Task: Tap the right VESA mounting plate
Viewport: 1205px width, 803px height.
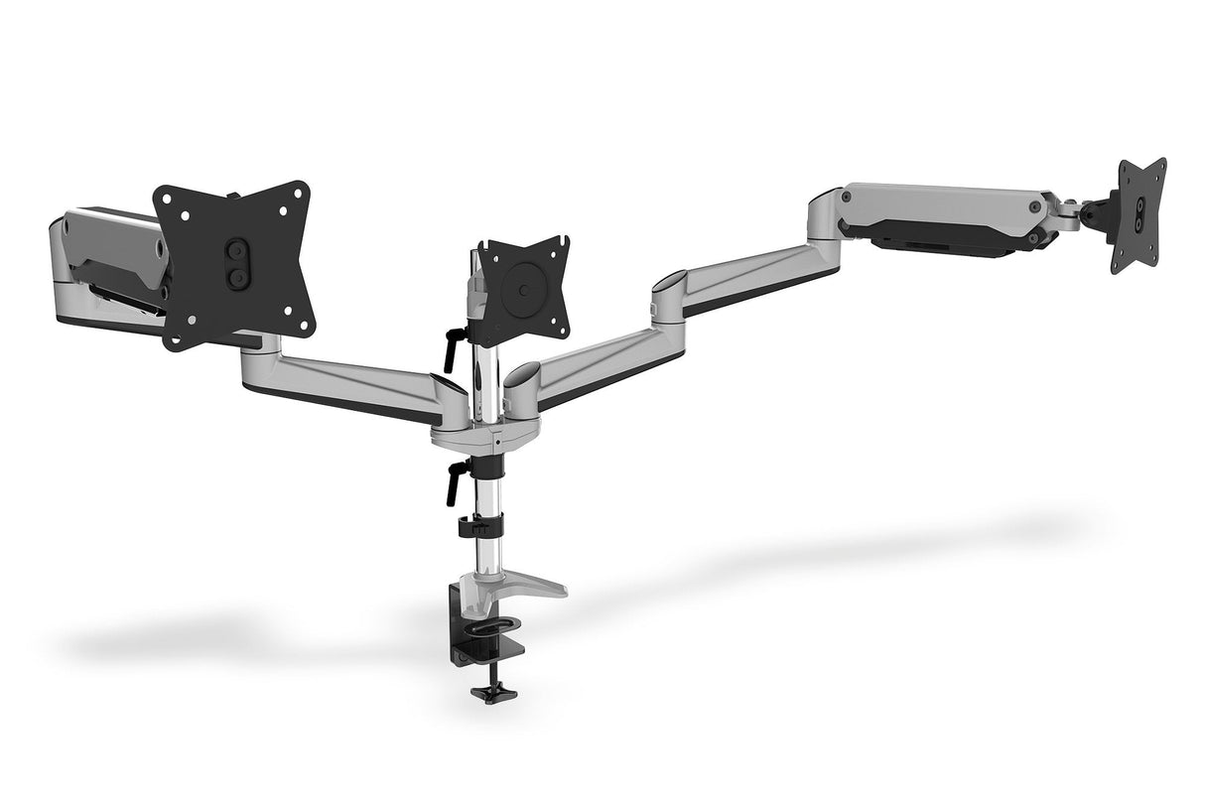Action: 1139,213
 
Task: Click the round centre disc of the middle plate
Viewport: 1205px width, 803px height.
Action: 522,291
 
